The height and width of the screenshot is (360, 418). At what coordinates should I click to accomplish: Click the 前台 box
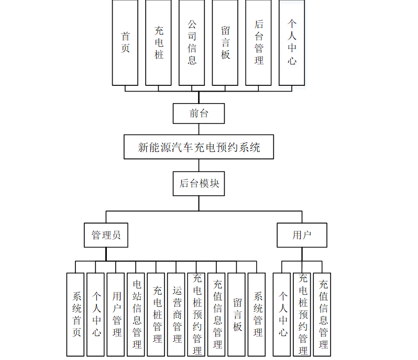coord(199,113)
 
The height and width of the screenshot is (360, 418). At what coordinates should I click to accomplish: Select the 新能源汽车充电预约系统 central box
coord(199,147)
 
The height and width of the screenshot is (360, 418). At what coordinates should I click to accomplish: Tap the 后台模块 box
coord(199,184)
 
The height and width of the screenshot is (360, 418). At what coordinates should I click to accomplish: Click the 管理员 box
coord(106,235)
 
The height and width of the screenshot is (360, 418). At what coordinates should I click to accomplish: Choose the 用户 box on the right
coord(302,235)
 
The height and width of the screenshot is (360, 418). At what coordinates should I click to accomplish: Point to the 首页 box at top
coord(125,42)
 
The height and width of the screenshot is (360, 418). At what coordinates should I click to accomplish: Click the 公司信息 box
coord(192,42)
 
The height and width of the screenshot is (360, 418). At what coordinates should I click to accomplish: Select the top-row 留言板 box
coord(225,42)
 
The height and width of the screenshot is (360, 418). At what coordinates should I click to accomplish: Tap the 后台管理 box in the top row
coord(258,42)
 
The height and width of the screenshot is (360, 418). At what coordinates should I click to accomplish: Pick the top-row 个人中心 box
coord(292,42)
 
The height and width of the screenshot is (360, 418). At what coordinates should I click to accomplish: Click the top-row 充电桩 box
coord(159,42)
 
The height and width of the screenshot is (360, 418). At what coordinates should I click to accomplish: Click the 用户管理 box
coord(116,314)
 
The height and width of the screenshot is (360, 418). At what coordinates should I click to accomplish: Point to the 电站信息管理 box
coord(136,314)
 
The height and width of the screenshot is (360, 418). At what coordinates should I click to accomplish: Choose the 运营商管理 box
coord(177,314)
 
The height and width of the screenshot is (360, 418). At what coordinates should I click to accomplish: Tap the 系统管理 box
coord(257,314)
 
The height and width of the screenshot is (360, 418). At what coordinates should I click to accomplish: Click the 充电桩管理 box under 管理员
coord(156,314)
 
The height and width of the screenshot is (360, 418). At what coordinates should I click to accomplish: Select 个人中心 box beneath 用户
coord(282,314)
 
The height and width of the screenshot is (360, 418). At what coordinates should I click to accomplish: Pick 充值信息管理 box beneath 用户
coord(322,314)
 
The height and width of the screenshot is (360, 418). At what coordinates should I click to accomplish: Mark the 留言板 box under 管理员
coord(237,314)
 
